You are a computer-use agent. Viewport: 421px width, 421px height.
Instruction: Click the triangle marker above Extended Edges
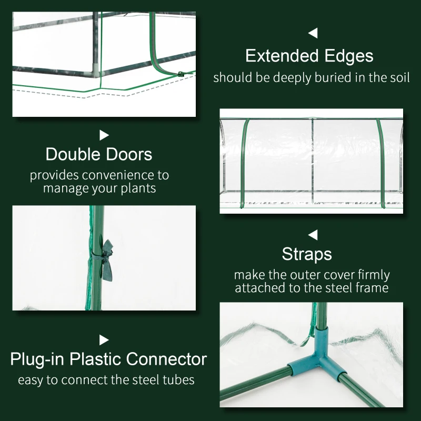click(x=313, y=34)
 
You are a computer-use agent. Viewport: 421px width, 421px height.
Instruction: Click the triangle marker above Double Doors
click(x=104, y=135)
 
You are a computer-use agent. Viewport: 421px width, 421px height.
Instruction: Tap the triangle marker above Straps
click(x=313, y=234)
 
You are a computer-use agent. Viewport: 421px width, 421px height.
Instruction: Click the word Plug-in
click(x=37, y=360)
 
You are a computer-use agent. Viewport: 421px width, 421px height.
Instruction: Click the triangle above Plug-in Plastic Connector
click(x=104, y=340)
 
